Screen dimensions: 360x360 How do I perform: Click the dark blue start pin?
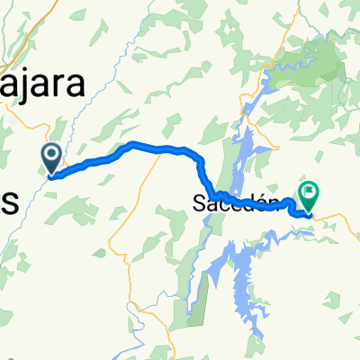51,158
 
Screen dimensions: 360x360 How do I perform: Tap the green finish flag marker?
310,192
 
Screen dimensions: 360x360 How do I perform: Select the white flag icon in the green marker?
310,190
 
